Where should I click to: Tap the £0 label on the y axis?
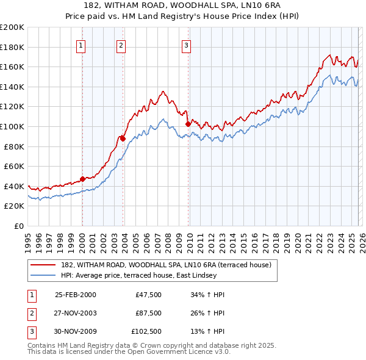coord(19,226)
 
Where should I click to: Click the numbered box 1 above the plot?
coord(81,45)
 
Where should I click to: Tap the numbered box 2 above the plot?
coord(121,45)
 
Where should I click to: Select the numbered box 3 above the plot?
coord(186,45)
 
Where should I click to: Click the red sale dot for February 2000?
coord(82,179)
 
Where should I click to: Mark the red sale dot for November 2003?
coord(123,139)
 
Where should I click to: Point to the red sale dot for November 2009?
coord(188,124)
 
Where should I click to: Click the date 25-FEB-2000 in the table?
coord(76,295)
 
